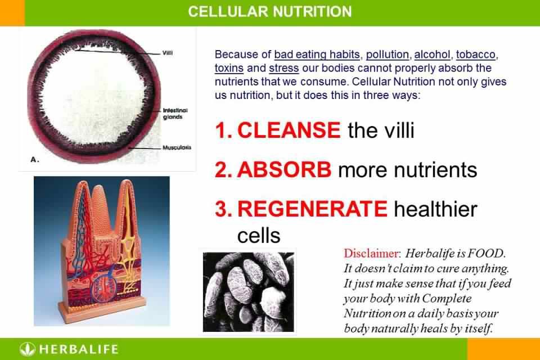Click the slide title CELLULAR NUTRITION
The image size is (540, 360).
[x=269, y=11]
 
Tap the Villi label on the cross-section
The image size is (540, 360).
[x=168, y=53]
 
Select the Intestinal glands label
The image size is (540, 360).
[x=175, y=114]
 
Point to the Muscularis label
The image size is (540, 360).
[x=177, y=147]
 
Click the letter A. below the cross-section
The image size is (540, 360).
[x=35, y=160]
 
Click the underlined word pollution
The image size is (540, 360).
[x=388, y=55]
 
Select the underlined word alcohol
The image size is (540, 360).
[x=432, y=55]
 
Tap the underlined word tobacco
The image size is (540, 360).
[x=476, y=55]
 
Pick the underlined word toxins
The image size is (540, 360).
[x=229, y=68]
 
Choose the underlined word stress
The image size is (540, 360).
[x=283, y=68]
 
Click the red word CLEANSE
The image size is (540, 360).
[x=289, y=130]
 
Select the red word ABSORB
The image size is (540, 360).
[x=284, y=169]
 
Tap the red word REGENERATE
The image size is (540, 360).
[x=312, y=209]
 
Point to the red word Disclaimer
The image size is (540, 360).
[x=371, y=254]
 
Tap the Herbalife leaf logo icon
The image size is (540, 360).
[x=27, y=349]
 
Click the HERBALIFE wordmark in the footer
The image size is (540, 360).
[x=79, y=349]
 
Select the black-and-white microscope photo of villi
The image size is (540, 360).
[x=248, y=292]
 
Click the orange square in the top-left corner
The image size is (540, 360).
[x=12, y=13]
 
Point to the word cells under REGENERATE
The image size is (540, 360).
[x=259, y=236]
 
